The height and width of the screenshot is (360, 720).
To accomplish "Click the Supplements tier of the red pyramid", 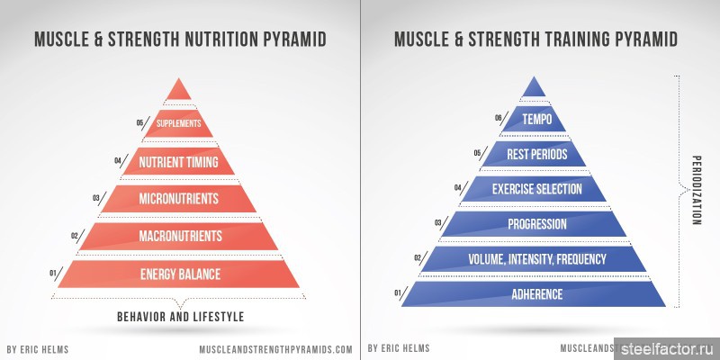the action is pyautogui.click(x=178, y=123).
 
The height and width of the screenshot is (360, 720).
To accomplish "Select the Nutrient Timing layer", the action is pyautogui.click(x=178, y=161).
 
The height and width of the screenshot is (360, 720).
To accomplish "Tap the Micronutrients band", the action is pyautogui.click(x=178, y=198).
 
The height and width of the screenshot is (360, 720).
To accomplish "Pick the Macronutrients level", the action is pyautogui.click(x=178, y=236).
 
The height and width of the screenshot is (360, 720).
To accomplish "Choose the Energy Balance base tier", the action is pyautogui.click(x=178, y=274).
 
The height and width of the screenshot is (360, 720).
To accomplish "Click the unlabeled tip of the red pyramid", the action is pyautogui.click(x=178, y=92).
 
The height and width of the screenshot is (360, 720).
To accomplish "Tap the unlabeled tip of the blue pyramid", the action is pyautogui.click(x=534, y=88).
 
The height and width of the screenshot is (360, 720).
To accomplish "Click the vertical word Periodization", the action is pyautogui.click(x=696, y=189).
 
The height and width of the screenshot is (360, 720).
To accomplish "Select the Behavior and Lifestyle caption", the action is pyautogui.click(x=181, y=317).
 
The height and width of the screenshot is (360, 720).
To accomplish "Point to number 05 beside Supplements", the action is pyautogui.click(x=140, y=122).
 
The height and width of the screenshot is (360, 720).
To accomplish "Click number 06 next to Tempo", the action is pyautogui.click(x=499, y=118).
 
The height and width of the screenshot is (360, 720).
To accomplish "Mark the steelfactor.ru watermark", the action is pyautogui.click(x=668, y=349).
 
